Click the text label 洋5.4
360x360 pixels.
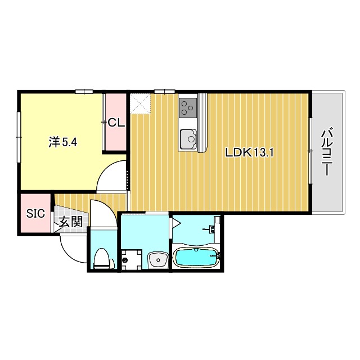[63, 142]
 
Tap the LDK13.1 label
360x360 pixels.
[249, 152]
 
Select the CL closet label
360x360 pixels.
[116, 122]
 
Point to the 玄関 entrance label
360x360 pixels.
[71, 222]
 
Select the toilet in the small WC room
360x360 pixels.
[102, 258]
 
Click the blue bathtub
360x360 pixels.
[196, 258]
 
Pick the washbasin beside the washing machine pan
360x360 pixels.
[157, 259]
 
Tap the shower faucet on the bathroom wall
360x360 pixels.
[213, 228]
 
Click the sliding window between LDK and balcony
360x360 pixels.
[310, 151]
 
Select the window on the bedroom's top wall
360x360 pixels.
[84, 91]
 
